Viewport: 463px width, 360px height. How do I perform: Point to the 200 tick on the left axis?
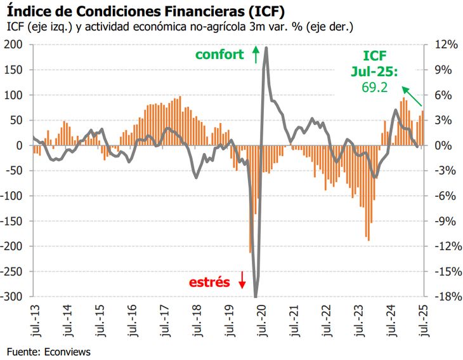tap(15, 44)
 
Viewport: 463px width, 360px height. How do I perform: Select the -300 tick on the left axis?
tap(12, 297)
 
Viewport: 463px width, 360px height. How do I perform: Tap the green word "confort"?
tap(219, 55)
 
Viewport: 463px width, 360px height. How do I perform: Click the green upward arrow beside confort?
tap(256, 54)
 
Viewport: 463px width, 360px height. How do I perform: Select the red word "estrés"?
tap(210, 282)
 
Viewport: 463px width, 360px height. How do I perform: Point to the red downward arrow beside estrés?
tap(242, 280)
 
